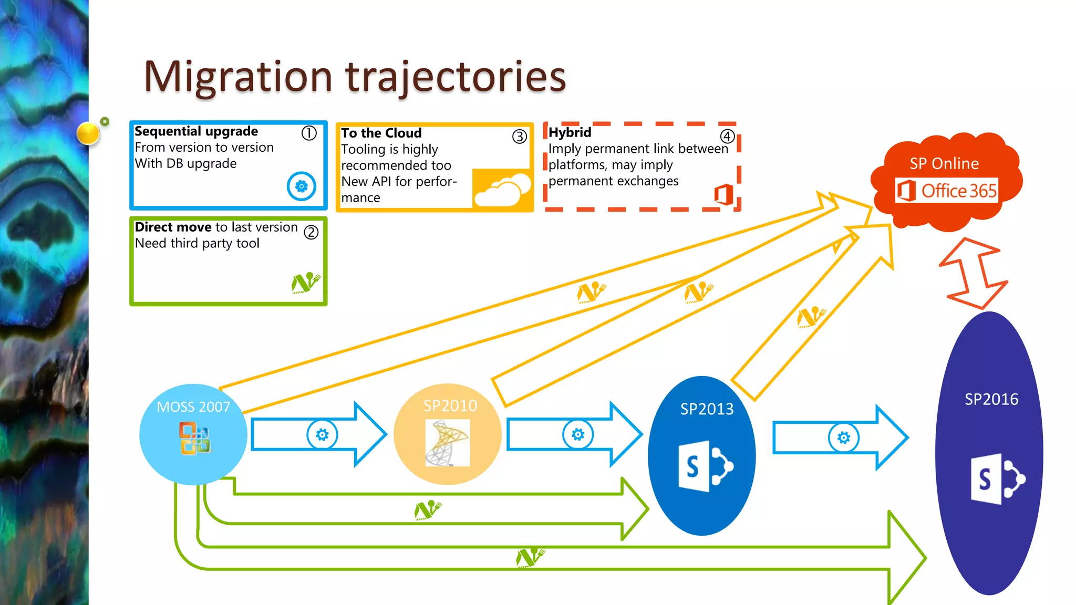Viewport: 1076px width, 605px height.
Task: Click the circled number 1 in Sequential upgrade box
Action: (309, 133)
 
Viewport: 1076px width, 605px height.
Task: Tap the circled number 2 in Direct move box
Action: (311, 232)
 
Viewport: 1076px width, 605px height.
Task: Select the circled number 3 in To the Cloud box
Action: (519, 137)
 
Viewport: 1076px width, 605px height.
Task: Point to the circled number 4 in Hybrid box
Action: (727, 137)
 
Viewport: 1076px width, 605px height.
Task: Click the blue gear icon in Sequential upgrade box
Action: (302, 186)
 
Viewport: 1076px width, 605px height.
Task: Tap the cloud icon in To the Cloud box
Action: (502, 191)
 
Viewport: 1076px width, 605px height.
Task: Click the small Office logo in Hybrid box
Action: (723, 194)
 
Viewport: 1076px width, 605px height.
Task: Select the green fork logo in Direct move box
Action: (305, 283)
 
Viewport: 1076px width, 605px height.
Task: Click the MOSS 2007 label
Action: (193, 407)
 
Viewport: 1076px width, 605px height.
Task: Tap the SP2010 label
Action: (450, 406)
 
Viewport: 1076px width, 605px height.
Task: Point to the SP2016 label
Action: (991, 400)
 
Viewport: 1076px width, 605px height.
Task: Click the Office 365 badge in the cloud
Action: (947, 191)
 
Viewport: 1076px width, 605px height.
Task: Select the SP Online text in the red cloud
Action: (944, 164)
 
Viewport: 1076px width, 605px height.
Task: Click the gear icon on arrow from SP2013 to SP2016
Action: (844, 437)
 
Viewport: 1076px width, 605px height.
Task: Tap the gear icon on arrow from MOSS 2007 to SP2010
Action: (322, 434)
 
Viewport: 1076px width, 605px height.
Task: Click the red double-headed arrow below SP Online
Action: (972, 273)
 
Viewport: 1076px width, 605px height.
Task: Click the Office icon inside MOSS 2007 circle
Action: (195, 438)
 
